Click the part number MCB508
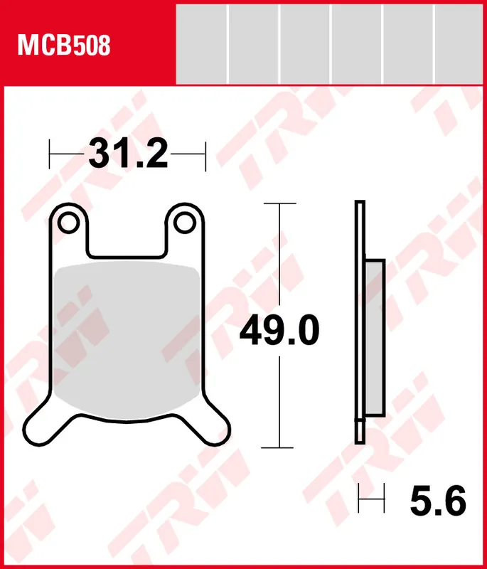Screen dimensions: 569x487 (64, 46)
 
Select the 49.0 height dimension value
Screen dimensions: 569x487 (279, 331)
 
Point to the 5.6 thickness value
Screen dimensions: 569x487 (437, 501)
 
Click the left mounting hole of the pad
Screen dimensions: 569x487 (69, 223)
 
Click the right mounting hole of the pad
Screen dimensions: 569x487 (185, 223)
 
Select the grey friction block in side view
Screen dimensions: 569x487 (375, 338)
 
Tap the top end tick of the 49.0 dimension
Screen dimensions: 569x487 (278, 204)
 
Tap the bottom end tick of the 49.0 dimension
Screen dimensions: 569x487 (278, 447)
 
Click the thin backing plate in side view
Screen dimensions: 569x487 (360, 320)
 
